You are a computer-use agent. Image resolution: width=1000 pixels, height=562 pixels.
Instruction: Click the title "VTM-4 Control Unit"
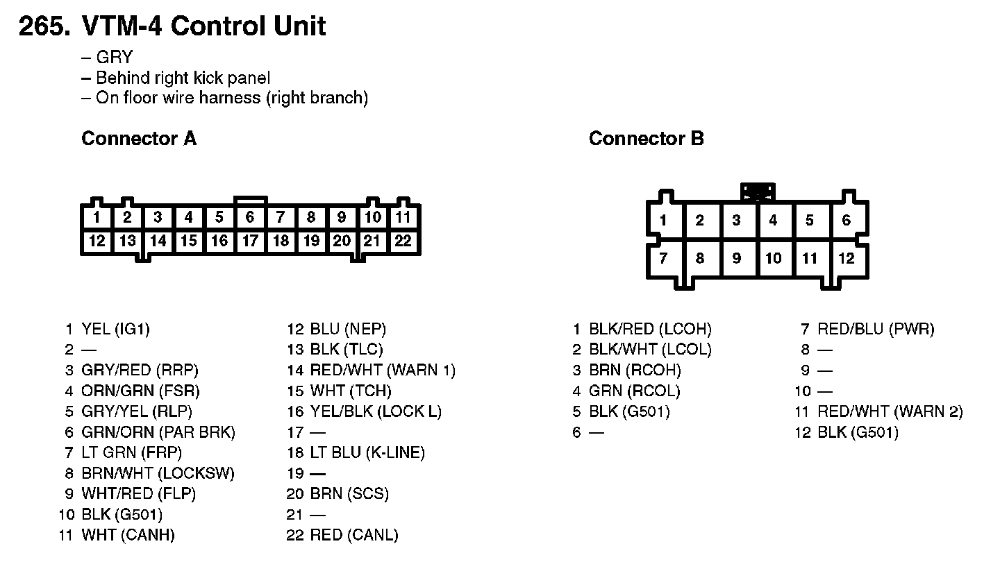[203, 26]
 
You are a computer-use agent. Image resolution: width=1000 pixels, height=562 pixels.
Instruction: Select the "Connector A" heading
[139, 138]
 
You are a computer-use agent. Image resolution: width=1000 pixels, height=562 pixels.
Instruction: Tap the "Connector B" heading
[646, 138]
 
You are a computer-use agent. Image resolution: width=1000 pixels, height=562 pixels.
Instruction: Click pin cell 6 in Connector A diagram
[250, 217]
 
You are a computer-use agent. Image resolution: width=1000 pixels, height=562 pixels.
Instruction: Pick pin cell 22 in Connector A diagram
[403, 241]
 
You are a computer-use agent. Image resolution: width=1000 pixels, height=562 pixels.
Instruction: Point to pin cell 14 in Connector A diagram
[158, 241]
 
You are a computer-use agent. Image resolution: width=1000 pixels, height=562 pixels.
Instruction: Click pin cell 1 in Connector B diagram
[663, 220]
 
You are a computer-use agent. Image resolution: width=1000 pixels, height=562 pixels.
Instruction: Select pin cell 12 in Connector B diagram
[847, 258]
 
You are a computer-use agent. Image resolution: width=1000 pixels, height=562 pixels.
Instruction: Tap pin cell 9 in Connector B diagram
[737, 258]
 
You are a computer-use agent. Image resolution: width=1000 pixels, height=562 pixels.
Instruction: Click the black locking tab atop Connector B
[758, 191]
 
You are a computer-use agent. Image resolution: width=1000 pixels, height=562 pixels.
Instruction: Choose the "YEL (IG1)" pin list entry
[115, 329]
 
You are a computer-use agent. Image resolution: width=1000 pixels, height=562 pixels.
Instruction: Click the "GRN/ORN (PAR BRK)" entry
[158, 432]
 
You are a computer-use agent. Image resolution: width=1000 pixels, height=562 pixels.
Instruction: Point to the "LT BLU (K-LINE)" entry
[367, 452]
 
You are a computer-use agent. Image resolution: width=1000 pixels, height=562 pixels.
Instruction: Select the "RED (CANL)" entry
[354, 535]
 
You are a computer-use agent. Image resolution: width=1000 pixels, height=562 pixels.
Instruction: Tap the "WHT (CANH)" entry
[128, 535]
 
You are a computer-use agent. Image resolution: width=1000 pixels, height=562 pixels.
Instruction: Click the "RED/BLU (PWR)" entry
[876, 329]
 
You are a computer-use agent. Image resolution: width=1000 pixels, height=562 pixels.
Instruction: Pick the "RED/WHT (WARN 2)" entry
[890, 411]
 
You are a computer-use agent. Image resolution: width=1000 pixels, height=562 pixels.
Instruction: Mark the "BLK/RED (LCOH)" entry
[650, 329]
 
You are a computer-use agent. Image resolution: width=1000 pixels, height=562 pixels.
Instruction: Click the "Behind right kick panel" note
[183, 78]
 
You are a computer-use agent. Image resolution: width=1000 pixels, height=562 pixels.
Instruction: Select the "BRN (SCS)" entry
[349, 494]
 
